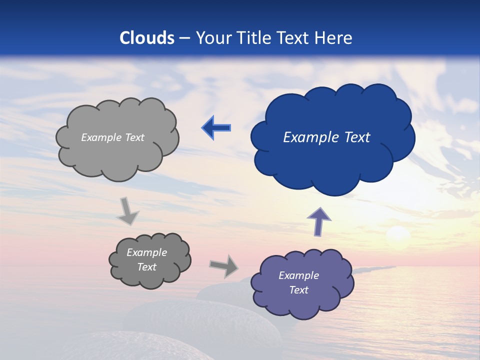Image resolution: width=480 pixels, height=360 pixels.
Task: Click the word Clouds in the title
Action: [147, 38]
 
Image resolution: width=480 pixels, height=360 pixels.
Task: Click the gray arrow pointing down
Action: [127, 210]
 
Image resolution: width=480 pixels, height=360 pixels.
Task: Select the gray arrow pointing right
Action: [224, 266]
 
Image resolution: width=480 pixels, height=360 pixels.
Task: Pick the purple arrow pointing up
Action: [319, 221]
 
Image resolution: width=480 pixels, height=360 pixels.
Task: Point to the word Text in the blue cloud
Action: [354, 137]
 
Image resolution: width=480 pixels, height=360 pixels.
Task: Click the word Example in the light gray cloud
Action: [100, 137]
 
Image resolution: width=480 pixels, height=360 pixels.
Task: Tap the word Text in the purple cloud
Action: [298, 290]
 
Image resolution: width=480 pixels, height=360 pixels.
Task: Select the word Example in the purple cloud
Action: [298, 275]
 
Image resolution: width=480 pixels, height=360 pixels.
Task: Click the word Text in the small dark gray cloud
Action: [146, 267]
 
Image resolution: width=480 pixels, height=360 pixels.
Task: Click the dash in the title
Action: [184, 38]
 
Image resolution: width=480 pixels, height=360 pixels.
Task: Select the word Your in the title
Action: [212, 38]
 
